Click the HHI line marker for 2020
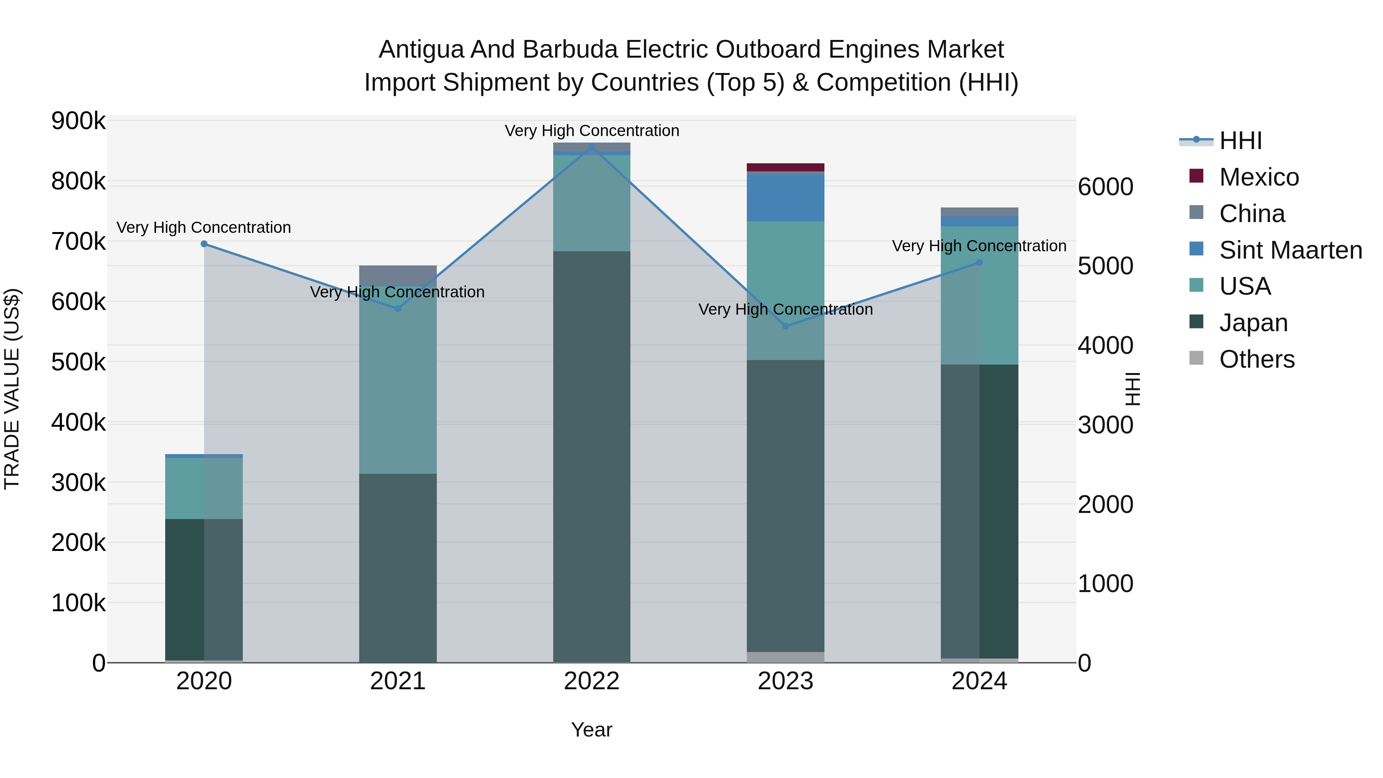pyautogui.click(x=204, y=244)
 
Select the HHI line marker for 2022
pyautogui.click(x=592, y=146)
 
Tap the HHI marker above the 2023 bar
pyautogui.click(x=786, y=326)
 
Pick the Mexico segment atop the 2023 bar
pyautogui.click(x=786, y=167)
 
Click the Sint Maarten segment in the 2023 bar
pyautogui.click(x=786, y=197)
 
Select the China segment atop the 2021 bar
pyautogui.click(x=398, y=275)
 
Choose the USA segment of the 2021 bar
pyautogui.click(x=398, y=387)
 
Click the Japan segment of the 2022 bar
pyautogui.click(x=592, y=456)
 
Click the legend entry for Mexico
pyautogui.click(x=1259, y=177)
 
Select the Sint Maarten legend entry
pyautogui.click(x=1290, y=250)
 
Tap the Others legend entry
pyautogui.click(x=1256, y=359)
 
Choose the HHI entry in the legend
pyautogui.click(x=1240, y=141)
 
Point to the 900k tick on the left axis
pyautogui.click(x=78, y=121)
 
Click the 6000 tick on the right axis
pyautogui.click(x=1105, y=187)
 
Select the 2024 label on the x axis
pyautogui.click(x=979, y=681)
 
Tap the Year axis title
pyautogui.click(x=592, y=730)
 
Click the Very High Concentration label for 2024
pyautogui.click(x=979, y=246)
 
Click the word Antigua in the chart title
pyautogui.click(x=421, y=50)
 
